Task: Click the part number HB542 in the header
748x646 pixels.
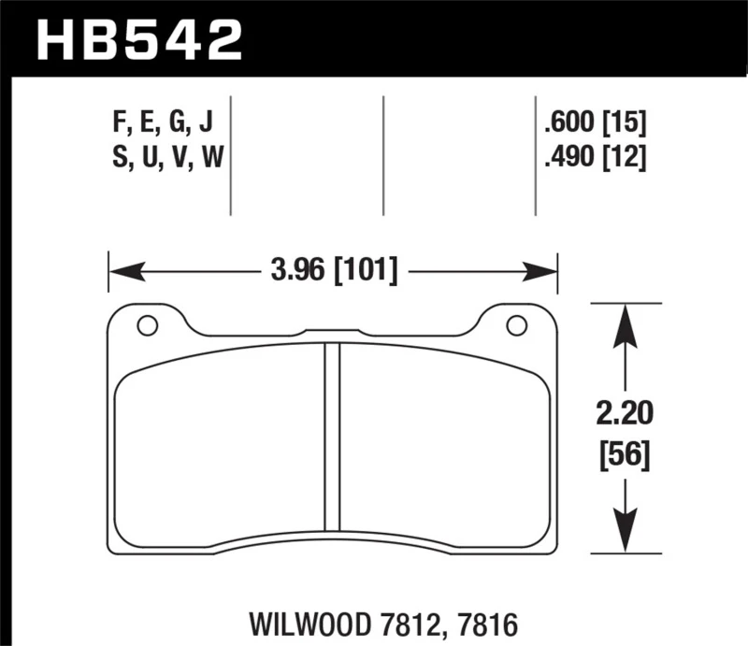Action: pos(138,38)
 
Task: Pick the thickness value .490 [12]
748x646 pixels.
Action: pos(595,158)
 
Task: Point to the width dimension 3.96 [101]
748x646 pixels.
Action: pos(333,272)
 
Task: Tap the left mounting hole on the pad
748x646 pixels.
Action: pos(146,325)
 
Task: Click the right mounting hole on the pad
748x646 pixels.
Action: pos(515,325)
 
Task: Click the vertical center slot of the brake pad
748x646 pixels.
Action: pos(331,436)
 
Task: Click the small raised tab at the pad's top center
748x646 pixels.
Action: pos(331,331)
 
